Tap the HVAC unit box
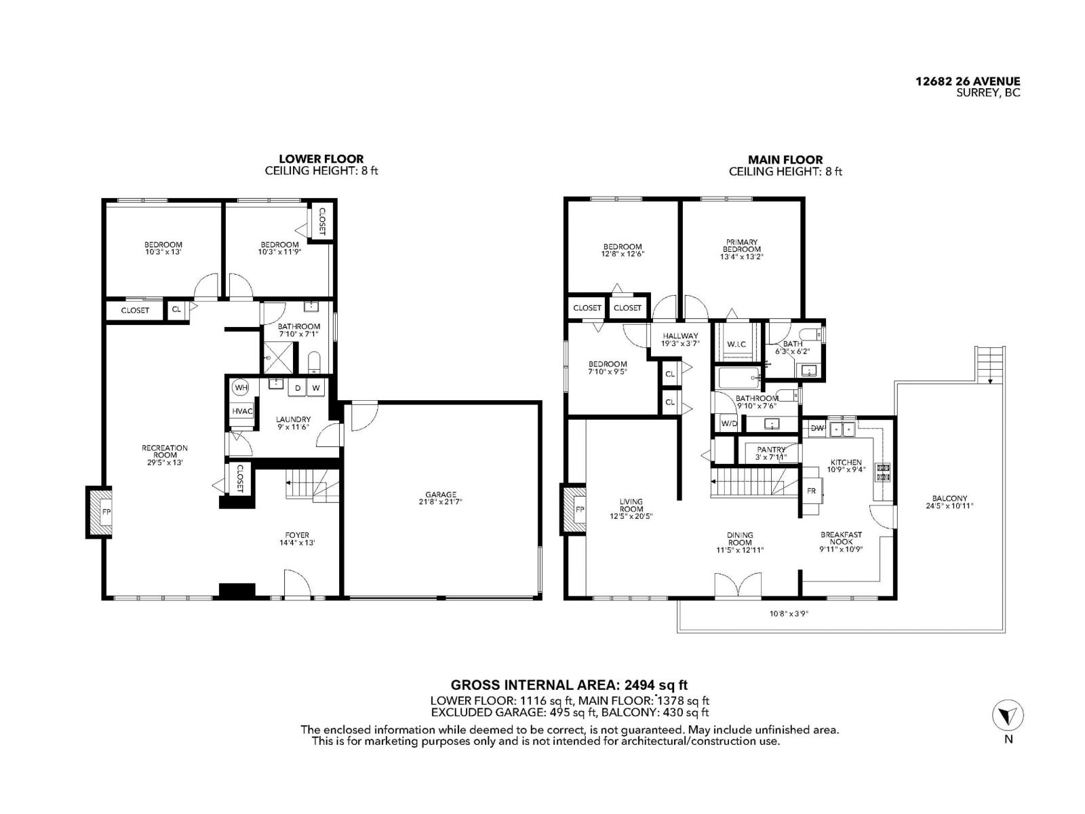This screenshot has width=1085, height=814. click(242, 411)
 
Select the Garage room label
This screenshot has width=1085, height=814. click(441, 498)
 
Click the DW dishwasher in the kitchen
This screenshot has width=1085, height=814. click(817, 428)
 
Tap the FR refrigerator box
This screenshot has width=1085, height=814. click(812, 491)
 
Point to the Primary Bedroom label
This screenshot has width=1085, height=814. click(742, 249)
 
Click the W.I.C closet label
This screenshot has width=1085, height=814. click(736, 345)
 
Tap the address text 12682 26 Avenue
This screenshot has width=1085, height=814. click(968, 81)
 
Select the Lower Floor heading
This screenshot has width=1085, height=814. click(321, 159)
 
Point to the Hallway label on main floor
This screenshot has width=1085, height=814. click(680, 339)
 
